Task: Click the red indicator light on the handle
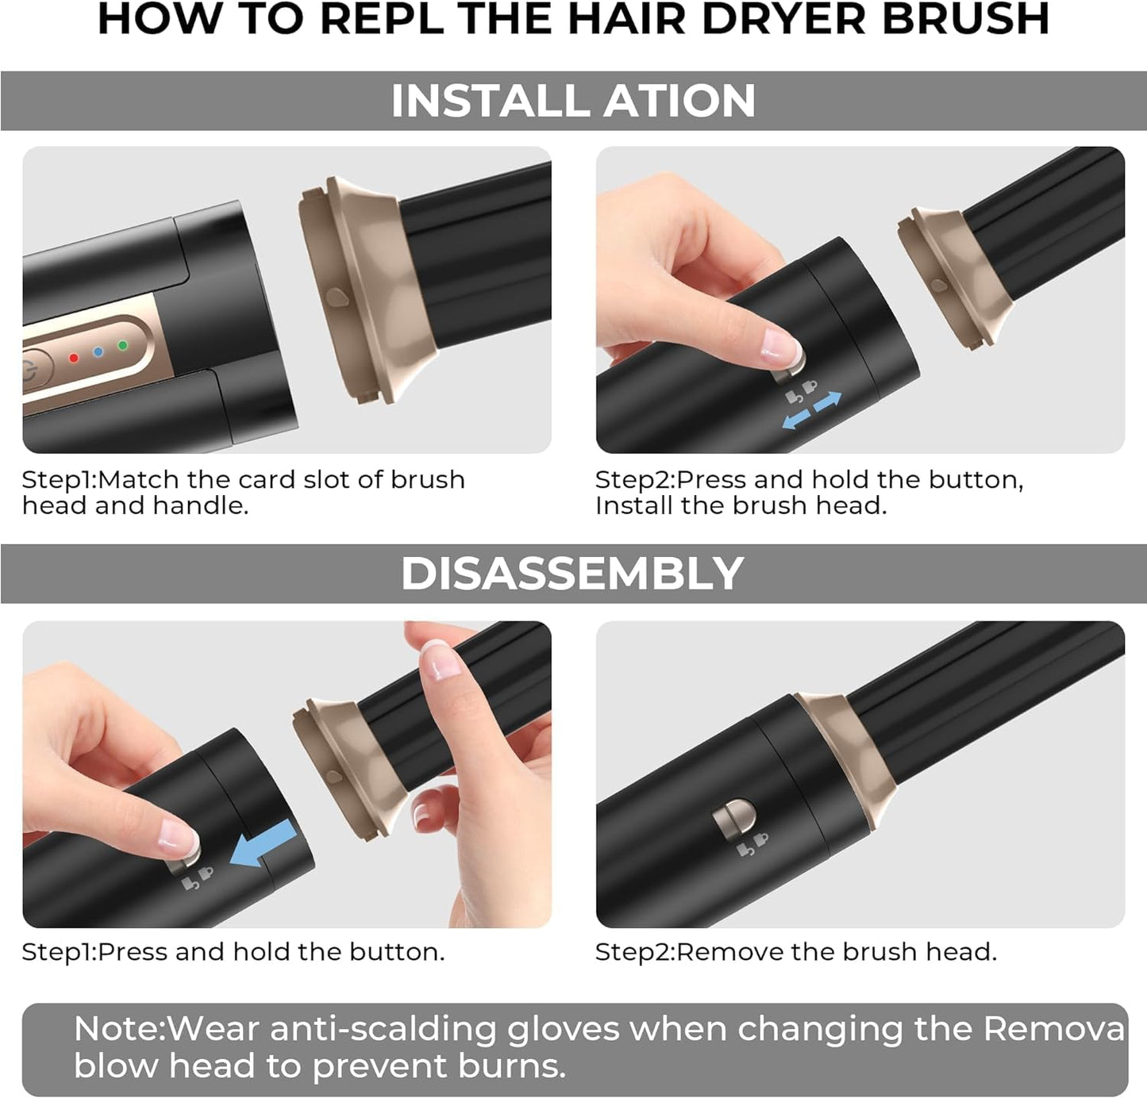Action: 74,358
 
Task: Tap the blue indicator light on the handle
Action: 98,351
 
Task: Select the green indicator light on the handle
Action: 122,345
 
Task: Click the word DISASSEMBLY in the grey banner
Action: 572,574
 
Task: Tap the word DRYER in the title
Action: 783,19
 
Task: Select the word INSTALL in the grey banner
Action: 492,102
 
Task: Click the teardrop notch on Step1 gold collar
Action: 337,298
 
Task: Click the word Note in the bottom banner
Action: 117,1029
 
